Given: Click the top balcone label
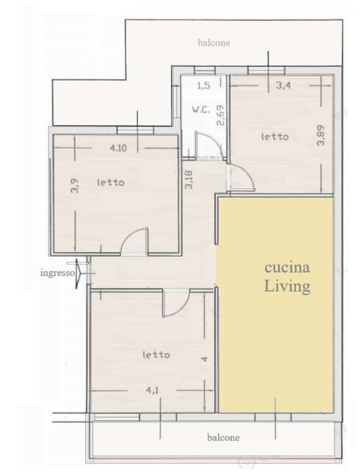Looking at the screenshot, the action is (213, 43).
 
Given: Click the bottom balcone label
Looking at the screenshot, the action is (223, 437).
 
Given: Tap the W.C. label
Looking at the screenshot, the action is (200, 109).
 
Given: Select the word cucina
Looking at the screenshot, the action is (287, 268).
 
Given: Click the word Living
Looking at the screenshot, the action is (287, 285).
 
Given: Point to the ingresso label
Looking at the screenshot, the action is (58, 273).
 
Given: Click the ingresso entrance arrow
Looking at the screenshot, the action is (79, 273).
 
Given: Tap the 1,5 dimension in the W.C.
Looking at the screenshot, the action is (204, 86).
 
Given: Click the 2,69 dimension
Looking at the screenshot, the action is (221, 115).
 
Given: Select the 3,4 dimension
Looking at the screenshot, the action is (283, 85).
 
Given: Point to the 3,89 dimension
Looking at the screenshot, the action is (321, 135).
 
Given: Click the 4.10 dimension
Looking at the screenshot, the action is (118, 148).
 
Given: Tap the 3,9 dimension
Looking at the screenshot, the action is (75, 186).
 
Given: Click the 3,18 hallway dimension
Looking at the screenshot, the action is (189, 179).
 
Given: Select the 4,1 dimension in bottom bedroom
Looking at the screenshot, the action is (152, 390).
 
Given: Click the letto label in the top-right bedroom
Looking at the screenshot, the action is (275, 137).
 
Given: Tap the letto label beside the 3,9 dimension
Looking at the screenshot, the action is (111, 182).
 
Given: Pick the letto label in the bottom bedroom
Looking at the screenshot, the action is (156, 354).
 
